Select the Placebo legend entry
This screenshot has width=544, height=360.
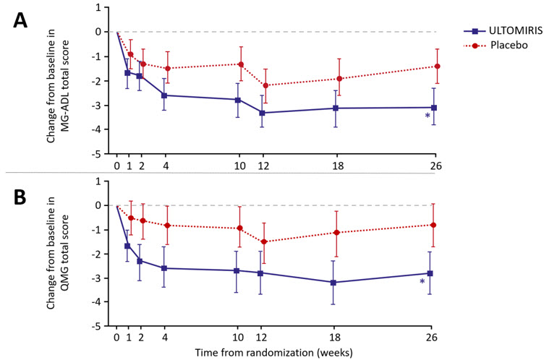click(x=498, y=45)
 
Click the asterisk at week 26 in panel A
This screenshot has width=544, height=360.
click(x=428, y=116)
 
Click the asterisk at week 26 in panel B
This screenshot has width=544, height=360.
click(x=422, y=283)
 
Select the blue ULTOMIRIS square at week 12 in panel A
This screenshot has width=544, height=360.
click(x=262, y=113)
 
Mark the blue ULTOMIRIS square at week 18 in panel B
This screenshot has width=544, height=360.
click(x=333, y=283)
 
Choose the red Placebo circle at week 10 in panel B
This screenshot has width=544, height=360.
click(x=240, y=228)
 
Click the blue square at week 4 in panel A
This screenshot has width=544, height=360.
click(x=166, y=95)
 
